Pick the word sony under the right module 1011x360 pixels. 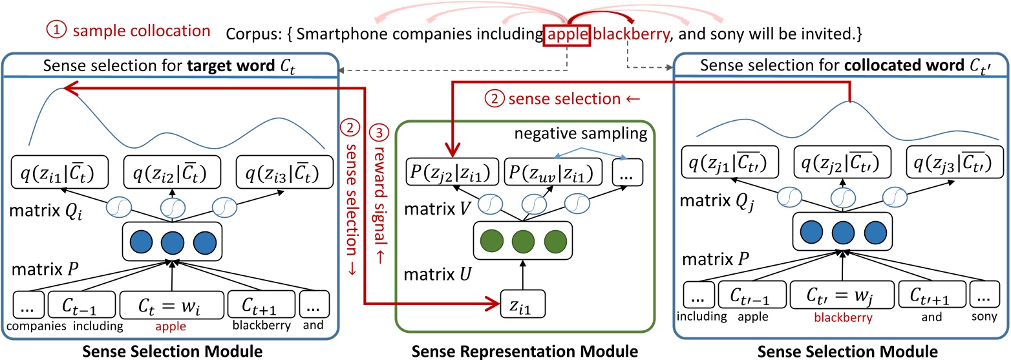[x=979, y=325]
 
